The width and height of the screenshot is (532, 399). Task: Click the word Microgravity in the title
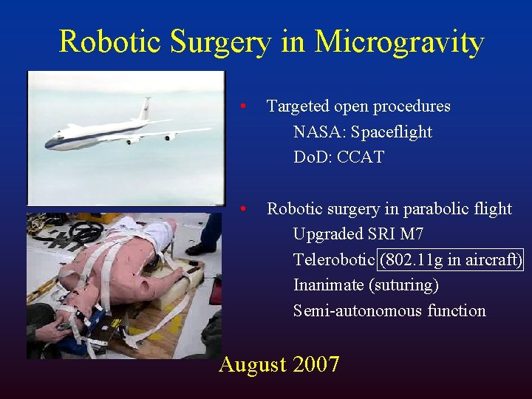[x=399, y=42]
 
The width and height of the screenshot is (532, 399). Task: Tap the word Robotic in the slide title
[x=110, y=41]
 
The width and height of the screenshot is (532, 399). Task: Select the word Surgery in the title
[x=220, y=42]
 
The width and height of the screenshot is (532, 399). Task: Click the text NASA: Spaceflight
[x=362, y=132]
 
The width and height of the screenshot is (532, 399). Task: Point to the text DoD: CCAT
[x=338, y=157]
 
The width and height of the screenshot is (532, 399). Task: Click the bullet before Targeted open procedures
[x=245, y=106]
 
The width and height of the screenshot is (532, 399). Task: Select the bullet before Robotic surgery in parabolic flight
[x=245, y=209]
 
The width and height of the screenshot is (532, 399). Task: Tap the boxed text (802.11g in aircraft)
[x=451, y=260]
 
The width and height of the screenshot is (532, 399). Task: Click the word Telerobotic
[x=334, y=260]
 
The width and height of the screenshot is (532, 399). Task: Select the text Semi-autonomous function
[x=389, y=311]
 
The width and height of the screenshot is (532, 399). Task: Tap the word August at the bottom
[x=253, y=364]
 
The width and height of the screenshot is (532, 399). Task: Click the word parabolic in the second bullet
[x=429, y=209]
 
